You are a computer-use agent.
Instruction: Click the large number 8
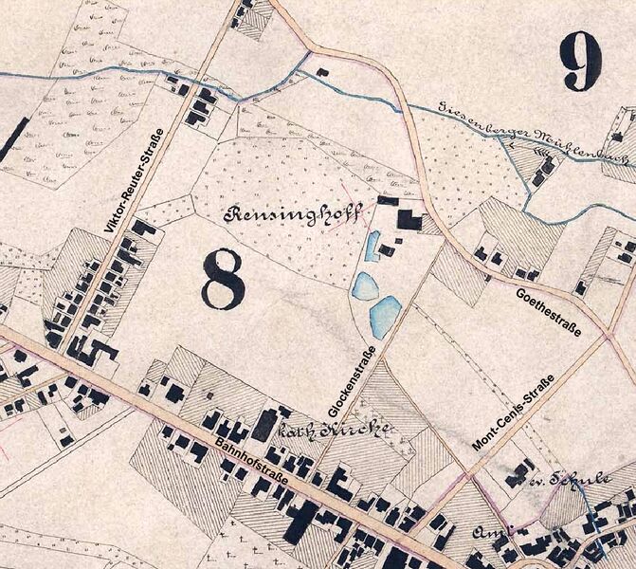coord(223,280)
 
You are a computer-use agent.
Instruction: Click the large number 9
coord(580,59)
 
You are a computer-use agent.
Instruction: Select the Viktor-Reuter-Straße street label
coord(136,181)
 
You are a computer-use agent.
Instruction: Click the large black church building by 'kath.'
coord(267,424)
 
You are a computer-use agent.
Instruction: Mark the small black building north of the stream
coord(322,71)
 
